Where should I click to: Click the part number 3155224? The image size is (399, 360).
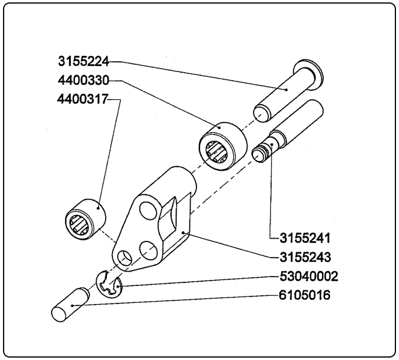84,61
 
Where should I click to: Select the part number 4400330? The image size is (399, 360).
84,80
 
